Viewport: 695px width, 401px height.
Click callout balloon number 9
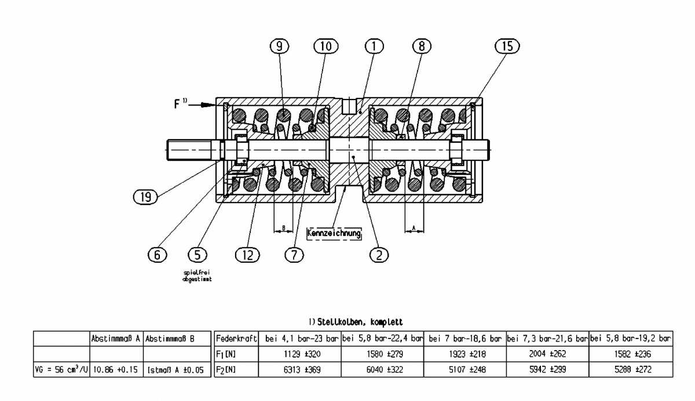[x=280, y=46]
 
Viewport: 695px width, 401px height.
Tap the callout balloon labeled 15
[x=507, y=46]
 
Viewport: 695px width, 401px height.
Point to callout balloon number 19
[x=145, y=197]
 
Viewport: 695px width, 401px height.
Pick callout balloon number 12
[x=248, y=254]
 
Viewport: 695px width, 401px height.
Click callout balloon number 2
[x=379, y=254]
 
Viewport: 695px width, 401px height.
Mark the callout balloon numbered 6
[x=157, y=254]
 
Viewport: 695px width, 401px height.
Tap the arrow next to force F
[x=207, y=105]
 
